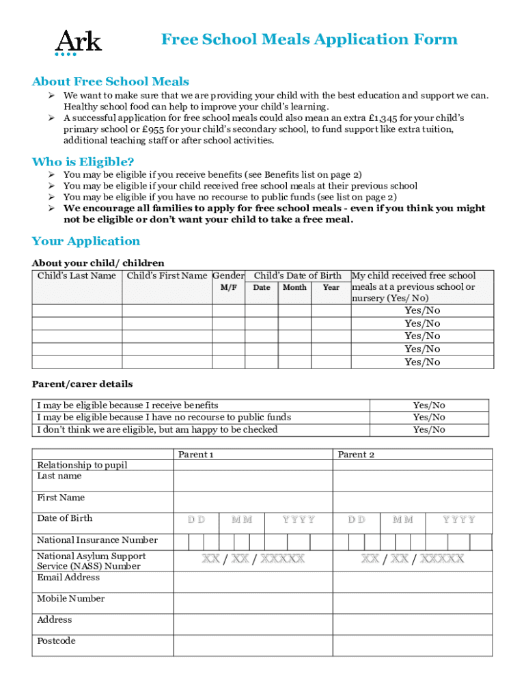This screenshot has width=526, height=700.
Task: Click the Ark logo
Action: tap(78, 42)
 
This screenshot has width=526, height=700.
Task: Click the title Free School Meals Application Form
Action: tap(309, 40)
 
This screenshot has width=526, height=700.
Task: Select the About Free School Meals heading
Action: tap(110, 82)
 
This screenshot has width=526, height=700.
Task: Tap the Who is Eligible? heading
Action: tap(83, 161)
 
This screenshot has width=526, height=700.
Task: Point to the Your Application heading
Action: tap(85, 241)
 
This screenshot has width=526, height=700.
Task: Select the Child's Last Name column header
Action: tap(77, 275)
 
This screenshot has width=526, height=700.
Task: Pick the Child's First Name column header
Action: tap(167, 275)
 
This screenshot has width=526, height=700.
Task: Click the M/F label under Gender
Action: tap(228, 288)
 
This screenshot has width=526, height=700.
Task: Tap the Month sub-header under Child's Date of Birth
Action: tap(294, 288)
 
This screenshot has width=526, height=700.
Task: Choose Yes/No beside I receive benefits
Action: tap(428, 405)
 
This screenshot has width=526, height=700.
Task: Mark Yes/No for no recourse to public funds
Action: tap(428, 417)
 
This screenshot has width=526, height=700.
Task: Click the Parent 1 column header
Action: tap(195, 455)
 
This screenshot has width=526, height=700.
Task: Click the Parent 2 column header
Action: tap(356, 455)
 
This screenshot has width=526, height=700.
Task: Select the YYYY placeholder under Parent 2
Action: tap(458, 520)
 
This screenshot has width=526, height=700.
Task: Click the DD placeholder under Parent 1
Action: tap(195, 520)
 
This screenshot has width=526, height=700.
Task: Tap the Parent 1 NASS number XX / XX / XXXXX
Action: tap(252, 559)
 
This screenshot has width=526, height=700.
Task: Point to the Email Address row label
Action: tap(68, 578)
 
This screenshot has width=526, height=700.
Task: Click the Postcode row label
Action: tap(56, 641)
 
